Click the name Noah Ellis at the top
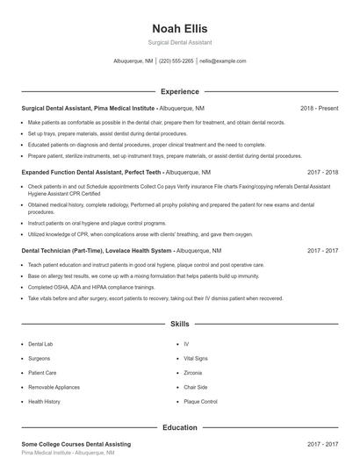tap(179, 28)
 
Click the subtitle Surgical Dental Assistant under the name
tap(179, 42)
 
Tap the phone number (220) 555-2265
tap(176, 61)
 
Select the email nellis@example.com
tap(222, 61)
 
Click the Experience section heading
tap(179, 91)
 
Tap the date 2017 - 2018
tap(322, 173)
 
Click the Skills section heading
tap(179, 324)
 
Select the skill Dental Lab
tap(41, 344)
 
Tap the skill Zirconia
tap(192, 373)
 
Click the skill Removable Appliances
tap(54, 387)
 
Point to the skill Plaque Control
tap(200, 401)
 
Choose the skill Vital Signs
tap(195, 358)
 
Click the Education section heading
tap(179, 427)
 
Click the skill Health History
tap(44, 401)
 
